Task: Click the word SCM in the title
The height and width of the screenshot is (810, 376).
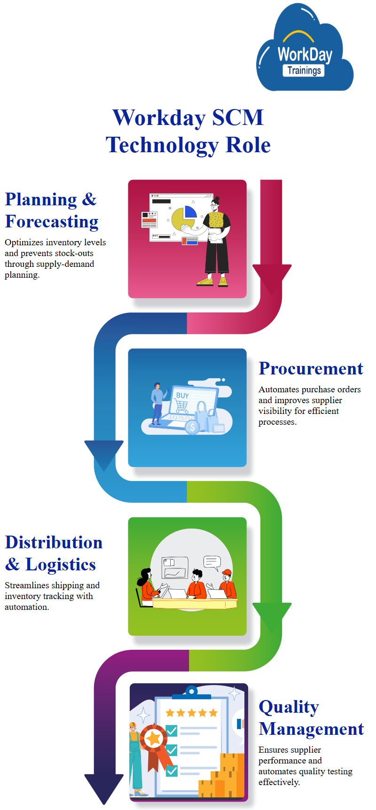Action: [x=237, y=117]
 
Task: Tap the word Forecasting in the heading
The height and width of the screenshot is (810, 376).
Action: [x=52, y=222]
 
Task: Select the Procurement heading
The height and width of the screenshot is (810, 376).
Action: [x=311, y=369]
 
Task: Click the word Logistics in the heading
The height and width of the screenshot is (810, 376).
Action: [x=60, y=565]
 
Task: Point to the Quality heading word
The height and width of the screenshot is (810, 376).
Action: [x=289, y=707]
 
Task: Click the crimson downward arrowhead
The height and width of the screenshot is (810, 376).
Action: [x=272, y=277]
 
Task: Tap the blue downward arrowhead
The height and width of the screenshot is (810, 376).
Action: [x=104, y=453]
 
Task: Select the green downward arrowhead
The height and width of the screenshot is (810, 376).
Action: [x=272, y=615]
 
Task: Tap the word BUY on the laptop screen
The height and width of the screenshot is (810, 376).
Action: [x=182, y=396]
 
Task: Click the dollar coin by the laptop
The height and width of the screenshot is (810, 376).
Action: [x=192, y=428]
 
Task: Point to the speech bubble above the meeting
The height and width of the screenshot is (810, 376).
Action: [x=212, y=562]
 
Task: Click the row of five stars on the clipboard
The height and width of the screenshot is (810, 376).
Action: [x=191, y=713]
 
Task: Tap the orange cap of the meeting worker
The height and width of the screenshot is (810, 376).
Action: [x=227, y=572]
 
